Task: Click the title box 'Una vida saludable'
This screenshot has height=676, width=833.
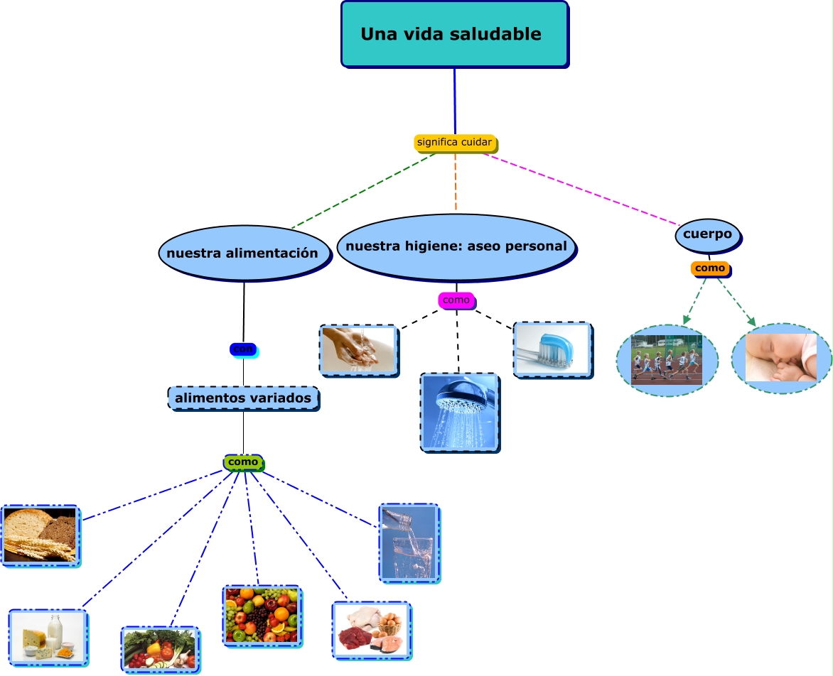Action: point(454,34)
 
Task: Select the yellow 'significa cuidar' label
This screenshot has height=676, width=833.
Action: point(455,143)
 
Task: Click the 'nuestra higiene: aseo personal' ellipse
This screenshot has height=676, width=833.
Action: point(456,246)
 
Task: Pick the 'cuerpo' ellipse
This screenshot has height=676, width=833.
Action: point(708,235)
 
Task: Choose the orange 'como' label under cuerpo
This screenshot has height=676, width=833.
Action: point(710,268)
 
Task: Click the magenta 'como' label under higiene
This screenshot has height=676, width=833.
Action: point(456,300)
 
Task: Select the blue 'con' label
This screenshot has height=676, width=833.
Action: point(243,349)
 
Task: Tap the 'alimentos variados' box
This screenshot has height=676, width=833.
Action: point(243,398)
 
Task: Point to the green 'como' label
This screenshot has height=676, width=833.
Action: point(243,462)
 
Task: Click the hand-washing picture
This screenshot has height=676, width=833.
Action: point(358,349)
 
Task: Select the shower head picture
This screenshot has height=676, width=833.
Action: point(459,412)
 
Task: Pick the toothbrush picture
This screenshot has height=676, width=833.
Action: point(552,349)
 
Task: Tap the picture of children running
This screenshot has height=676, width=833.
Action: point(667,360)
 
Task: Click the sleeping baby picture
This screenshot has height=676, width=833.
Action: point(781,358)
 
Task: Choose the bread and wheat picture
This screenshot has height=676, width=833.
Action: point(40,535)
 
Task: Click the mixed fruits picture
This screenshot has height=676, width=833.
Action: point(262,615)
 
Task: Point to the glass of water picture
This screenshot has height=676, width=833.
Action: point(409,543)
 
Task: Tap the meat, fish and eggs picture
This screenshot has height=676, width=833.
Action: point(370,630)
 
